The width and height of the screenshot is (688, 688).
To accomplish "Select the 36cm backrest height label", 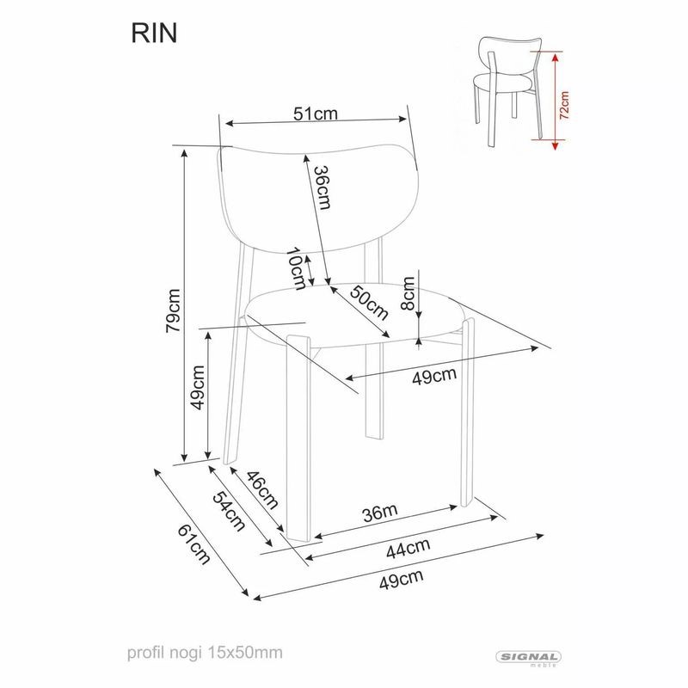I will [321, 186].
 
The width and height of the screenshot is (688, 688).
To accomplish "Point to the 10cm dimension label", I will [297, 268].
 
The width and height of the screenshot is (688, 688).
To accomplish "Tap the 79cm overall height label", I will [173, 310].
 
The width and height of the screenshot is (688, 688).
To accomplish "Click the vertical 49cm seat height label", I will [198, 386].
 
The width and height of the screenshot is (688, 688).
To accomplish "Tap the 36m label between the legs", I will [379, 513].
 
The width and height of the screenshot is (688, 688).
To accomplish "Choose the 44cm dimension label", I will [407, 547].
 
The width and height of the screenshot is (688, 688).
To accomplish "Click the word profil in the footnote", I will [144, 654].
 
